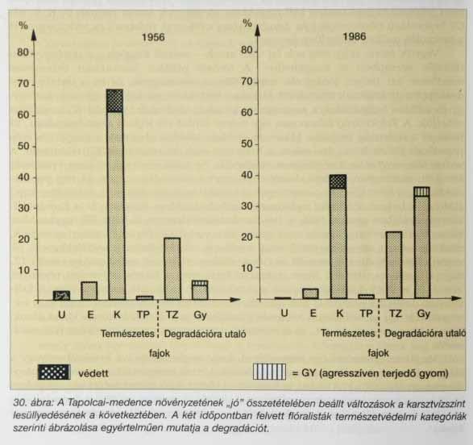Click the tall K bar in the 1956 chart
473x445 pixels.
click(115, 194)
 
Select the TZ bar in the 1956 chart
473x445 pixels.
click(172, 268)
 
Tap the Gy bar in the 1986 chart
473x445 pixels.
click(421, 243)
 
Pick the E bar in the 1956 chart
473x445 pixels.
click(89, 291)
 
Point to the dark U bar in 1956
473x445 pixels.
click(61, 295)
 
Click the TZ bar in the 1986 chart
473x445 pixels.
click(394, 265)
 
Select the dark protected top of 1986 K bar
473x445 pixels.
click(338, 181)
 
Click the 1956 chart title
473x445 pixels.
click(153, 37)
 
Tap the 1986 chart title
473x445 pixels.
click(355, 36)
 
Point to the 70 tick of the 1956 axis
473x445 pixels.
click(23, 84)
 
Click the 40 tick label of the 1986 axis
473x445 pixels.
click(247, 175)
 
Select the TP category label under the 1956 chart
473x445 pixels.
click(143, 315)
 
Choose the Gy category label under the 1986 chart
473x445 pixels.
click(424, 314)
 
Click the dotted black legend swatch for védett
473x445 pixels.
click(54, 372)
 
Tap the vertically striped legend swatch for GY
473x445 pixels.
click(269, 372)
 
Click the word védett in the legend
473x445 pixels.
click(93, 373)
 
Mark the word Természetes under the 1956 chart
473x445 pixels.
click(127, 334)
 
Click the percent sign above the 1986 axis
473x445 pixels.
click(247, 23)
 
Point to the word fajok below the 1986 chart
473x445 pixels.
click(378, 353)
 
